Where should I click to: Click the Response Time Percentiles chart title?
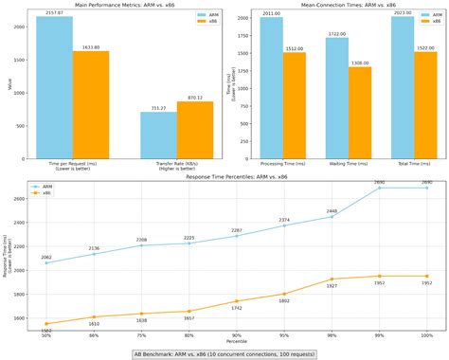[x=224, y=176]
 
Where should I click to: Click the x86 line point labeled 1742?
[x=237, y=301]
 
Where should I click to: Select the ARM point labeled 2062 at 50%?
[x=46, y=262]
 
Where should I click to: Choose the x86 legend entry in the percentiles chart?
[x=45, y=193]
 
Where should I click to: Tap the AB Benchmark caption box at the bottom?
[x=224, y=353]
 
